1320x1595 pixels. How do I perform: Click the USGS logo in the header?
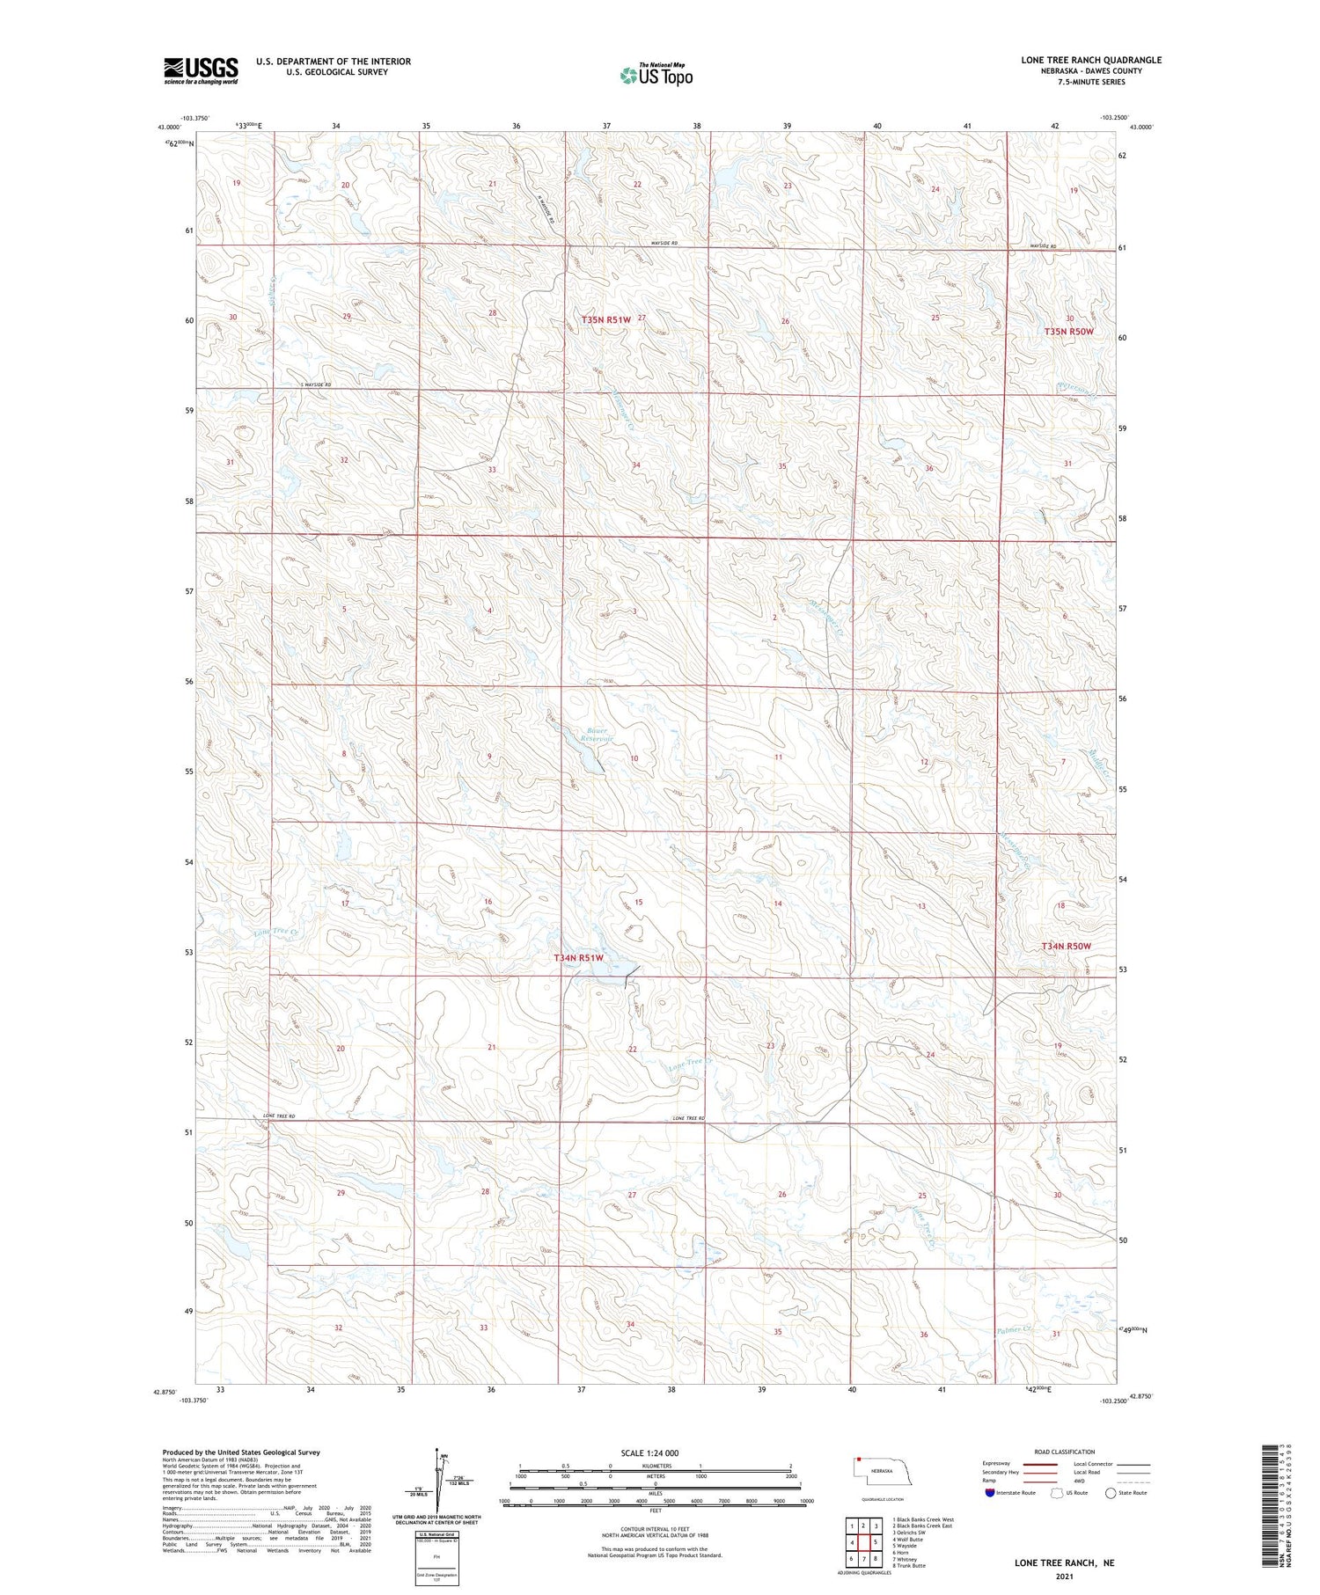tap(201, 70)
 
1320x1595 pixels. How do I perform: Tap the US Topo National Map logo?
tap(656, 75)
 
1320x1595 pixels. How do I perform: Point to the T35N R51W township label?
tap(606, 319)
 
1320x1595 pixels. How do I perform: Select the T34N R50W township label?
tap(1066, 946)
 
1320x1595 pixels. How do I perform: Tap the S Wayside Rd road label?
tap(316, 385)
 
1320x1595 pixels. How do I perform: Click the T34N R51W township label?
tap(579, 957)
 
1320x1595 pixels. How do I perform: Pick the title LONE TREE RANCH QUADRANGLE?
tap(1090, 60)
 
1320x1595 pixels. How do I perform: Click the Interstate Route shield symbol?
tap(989, 1492)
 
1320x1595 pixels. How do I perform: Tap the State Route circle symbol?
tap(1111, 1492)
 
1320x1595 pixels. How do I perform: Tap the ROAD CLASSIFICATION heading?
tap(1065, 1452)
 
